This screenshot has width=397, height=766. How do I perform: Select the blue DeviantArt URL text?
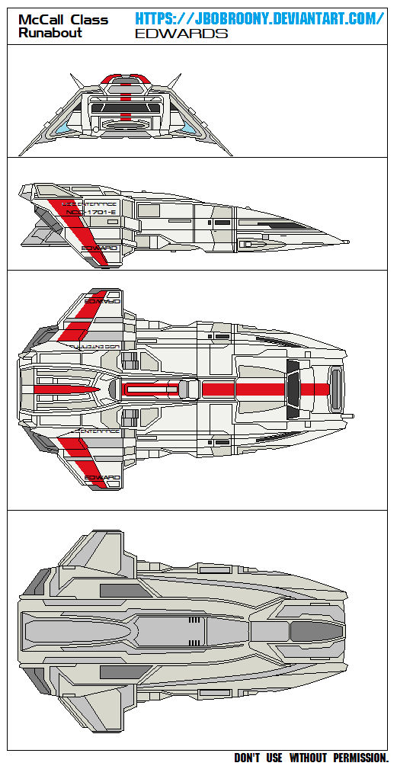click(x=259, y=18)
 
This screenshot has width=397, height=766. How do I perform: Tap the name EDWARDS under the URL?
click(x=181, y=34)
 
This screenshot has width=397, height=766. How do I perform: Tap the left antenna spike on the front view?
click(x=75, y=80)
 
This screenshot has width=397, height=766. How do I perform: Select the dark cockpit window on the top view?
click(x=293, y=390)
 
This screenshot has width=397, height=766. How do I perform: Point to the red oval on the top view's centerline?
click(x=151, y=390)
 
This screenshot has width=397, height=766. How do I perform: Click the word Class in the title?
click(x=88, y=19)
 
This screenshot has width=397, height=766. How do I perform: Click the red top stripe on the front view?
click(x=125, y=78)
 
